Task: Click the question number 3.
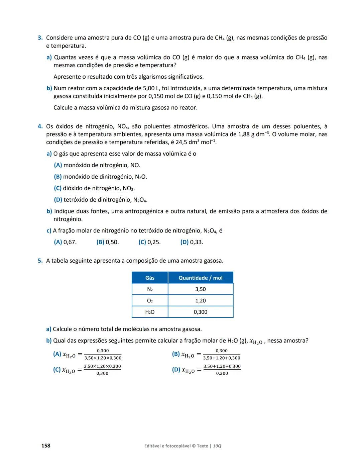point(40,38)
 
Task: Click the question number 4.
point(40,126)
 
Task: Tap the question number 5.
point(40,261)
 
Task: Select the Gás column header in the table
point(150,278)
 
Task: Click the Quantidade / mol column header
point(200,278)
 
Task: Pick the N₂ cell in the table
point(150,289)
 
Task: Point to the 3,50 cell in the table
point(200,289)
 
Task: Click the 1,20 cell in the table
point(200,301)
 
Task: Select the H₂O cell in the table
point(150,312)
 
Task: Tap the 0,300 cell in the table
point(200,312)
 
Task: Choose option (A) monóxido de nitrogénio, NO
point(97,165)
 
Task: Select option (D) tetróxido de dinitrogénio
point(100,200)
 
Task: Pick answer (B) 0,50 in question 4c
point(107,242)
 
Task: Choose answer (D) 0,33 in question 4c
point(192,242)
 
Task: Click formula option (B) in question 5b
point(206,354)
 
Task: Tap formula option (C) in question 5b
point(87,370)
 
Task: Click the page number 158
point(46,446)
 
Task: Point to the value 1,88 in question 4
point(244,134)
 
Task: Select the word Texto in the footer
point(203,446)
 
